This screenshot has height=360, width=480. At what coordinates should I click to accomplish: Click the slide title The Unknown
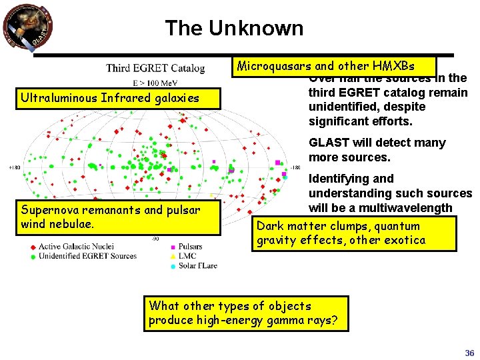pos(234,28)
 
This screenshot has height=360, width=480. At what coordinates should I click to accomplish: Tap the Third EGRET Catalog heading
pos(155,68)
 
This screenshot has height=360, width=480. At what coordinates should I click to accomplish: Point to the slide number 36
pos(469,353)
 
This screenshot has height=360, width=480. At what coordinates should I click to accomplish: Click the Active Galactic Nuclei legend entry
pos(75,247)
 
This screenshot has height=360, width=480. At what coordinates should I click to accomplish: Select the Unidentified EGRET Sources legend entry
pos(87,255)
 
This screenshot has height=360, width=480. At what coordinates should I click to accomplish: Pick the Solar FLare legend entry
pos(197,265)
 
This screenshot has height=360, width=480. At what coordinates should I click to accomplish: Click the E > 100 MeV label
pos(155,83)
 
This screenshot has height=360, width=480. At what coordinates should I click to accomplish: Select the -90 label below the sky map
pos(155,238)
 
